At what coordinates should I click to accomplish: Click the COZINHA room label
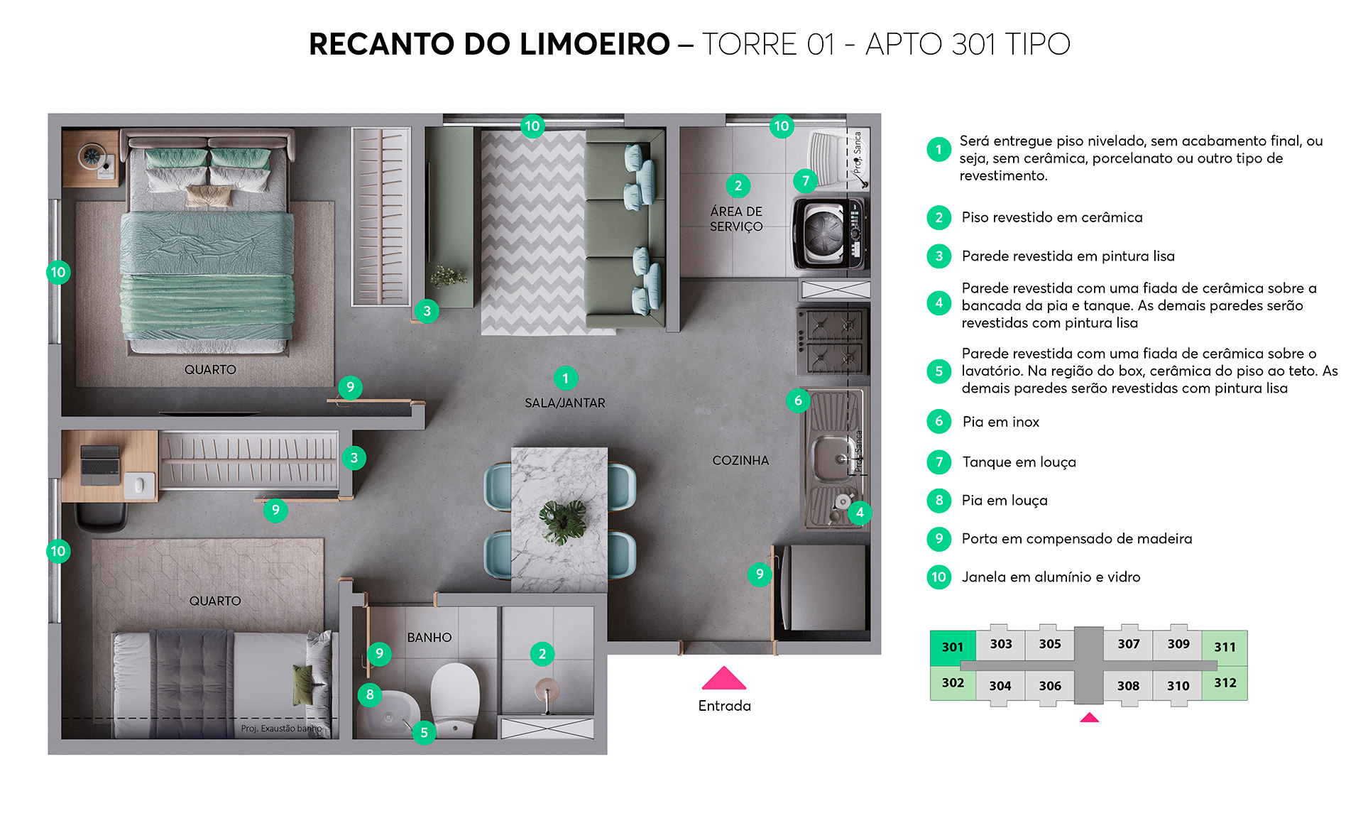point(740,460)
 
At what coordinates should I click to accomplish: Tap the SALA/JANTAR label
point(564,403)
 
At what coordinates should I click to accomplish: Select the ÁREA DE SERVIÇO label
point(736,219)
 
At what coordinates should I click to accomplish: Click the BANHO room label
point(429,637)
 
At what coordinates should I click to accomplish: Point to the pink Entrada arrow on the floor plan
point(723,679)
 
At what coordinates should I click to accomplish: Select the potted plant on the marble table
point(563,520)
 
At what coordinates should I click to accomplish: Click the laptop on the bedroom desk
point(100,464)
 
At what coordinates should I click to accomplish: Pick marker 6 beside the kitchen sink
point(798,400)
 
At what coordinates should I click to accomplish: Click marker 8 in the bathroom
point(370,694)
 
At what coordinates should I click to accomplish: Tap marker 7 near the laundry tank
point(805,181)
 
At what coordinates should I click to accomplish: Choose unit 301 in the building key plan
point(952,647)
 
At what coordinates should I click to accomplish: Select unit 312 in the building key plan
point(1225,683)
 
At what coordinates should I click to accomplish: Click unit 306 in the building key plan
point(1049,686)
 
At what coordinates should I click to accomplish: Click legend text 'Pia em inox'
point(1000,422)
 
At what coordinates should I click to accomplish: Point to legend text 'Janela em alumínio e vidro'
point(1051,577)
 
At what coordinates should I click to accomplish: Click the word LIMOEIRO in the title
point(594,44)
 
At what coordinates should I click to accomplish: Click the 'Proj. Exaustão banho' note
point(281,729)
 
